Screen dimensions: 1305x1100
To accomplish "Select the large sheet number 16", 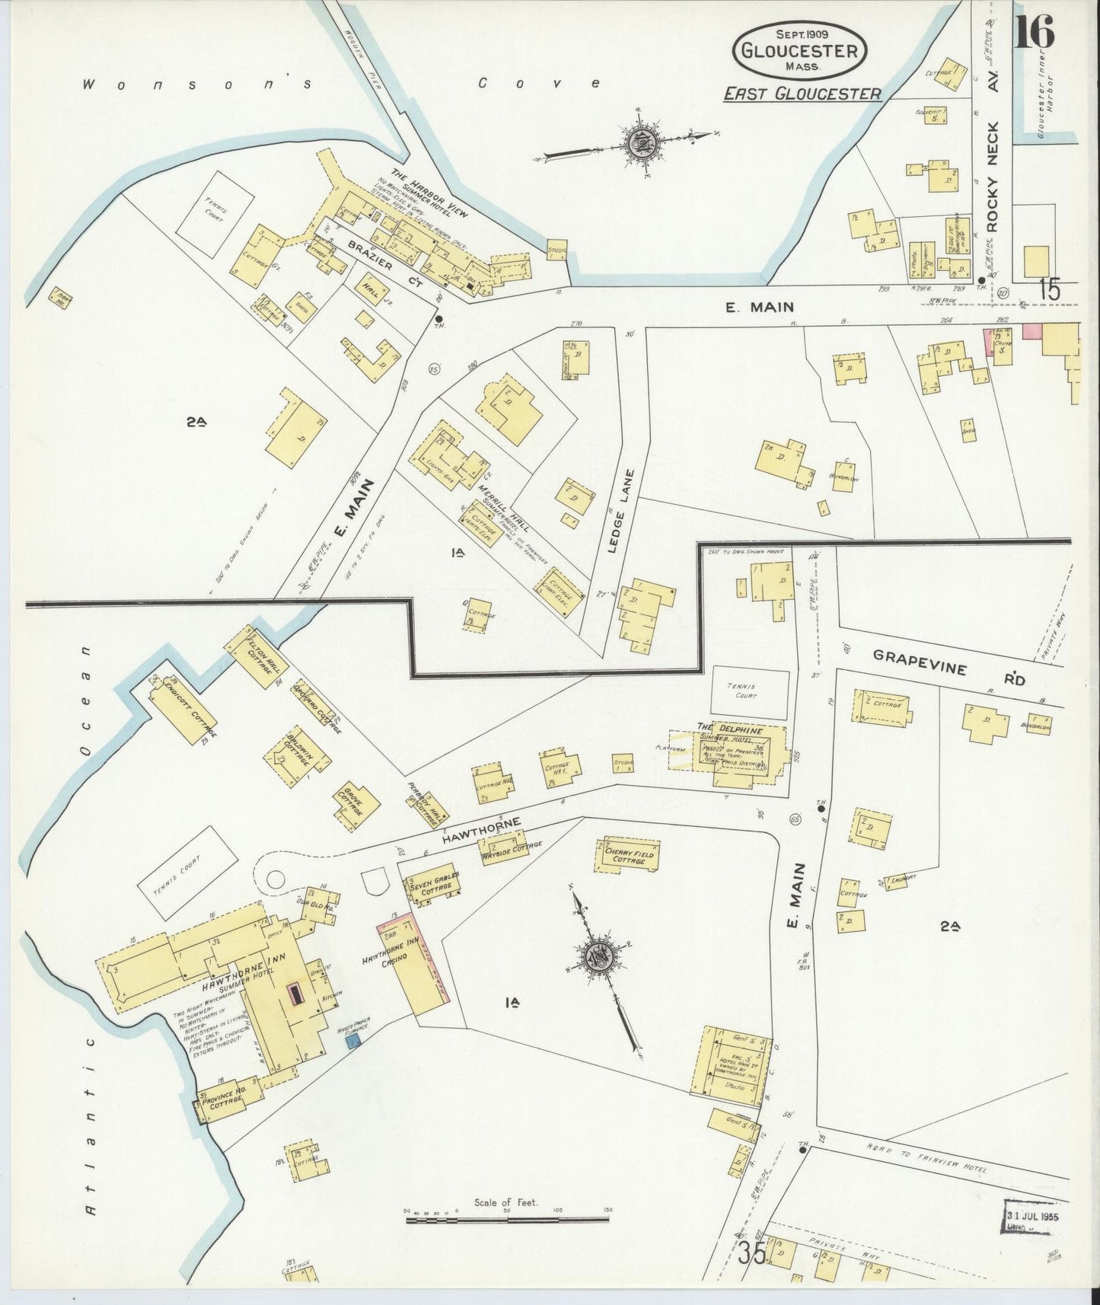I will (1033, 32).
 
